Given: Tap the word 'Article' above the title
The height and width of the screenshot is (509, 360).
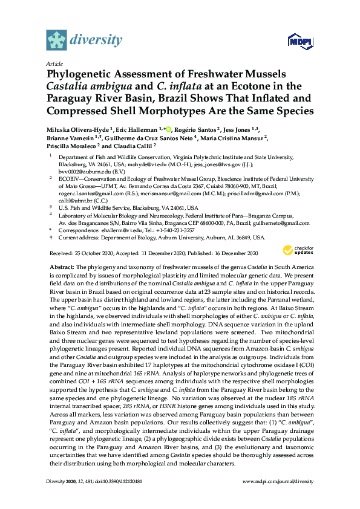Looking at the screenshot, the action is coord(54,63).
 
